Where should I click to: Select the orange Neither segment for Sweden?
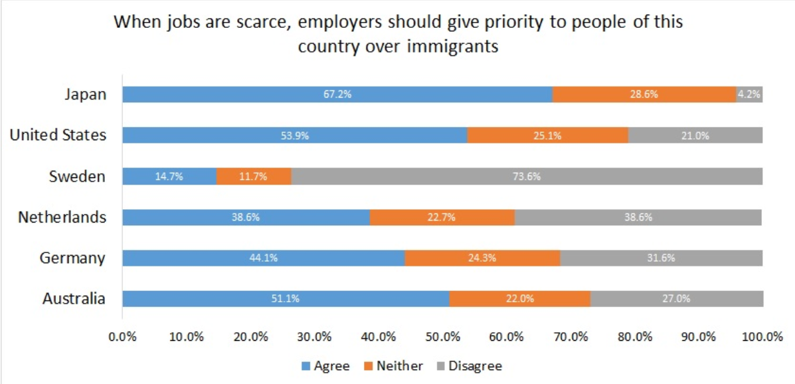click(x=254, y=177)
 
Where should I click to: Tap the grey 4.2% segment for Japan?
click(x=749, y=94)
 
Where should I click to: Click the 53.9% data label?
click(x=296, y=136)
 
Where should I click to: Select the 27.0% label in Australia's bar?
click(x=677, y=299)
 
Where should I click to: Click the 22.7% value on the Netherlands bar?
click(x=442, y=217)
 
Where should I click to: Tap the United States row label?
click(x=58, y=136)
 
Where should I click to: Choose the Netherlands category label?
click(x=62, y=217)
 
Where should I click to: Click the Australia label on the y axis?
click(x=74, y=299)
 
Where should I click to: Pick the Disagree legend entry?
click(x=475, y=366)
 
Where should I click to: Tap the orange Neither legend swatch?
click(x=369, y=366)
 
